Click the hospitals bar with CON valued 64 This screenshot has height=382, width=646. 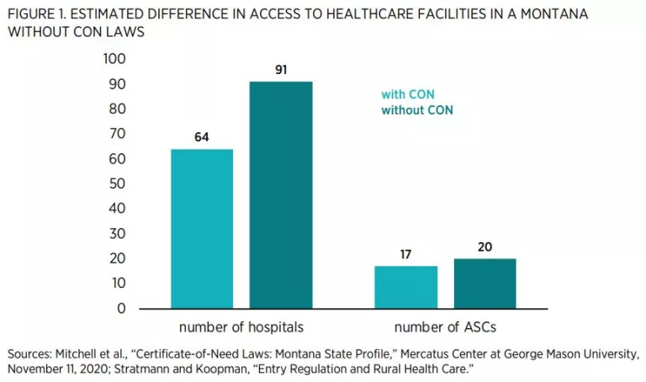[202, 228]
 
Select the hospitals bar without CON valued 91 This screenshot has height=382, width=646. [281, 194]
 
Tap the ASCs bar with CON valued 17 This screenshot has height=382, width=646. [405, 287]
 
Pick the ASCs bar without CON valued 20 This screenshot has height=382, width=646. [484, 283]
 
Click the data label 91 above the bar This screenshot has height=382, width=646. [281, 70]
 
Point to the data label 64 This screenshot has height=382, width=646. [202, 137]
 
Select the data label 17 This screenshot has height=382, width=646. [405, 254]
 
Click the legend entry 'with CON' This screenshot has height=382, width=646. [408, 94]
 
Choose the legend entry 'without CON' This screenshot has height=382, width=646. [417, 110]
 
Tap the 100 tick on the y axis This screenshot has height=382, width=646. [114, 59]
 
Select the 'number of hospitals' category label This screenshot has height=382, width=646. [241, 326]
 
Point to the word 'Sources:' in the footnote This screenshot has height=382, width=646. [29, 354]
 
